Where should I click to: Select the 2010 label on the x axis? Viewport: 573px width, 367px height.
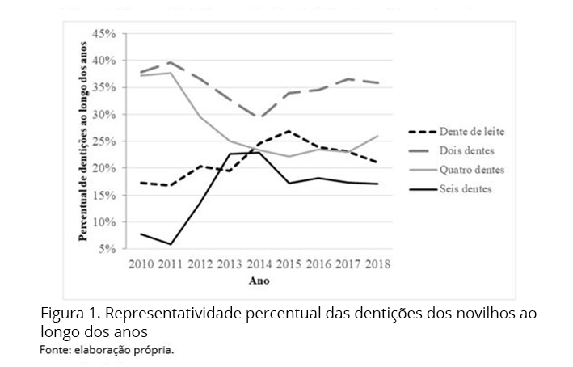(x=142, y=264)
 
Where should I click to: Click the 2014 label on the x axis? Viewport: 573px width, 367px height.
(x=260, y=264)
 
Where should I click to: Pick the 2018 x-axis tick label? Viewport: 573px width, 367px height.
(x=378, y=264)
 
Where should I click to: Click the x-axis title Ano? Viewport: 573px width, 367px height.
(x=259, y=281)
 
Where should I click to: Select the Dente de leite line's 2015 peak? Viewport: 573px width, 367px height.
(x=289, y=131)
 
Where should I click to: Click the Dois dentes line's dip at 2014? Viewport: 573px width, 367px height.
(x=260, y=119)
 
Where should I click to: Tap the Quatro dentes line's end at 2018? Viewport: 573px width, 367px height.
(x=378, y=136)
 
